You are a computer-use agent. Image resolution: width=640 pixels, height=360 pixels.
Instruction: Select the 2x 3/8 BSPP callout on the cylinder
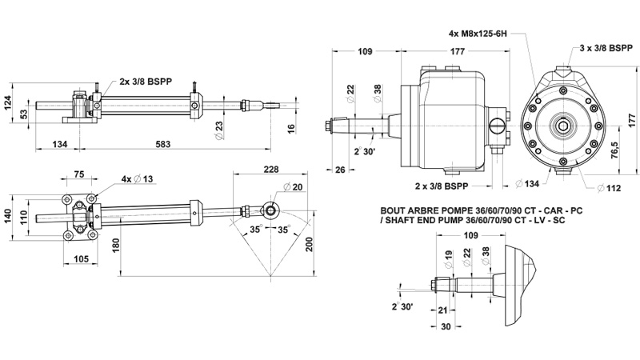[x=154, y=82]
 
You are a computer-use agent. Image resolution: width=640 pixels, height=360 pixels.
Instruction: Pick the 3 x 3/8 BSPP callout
[x=606, y=48]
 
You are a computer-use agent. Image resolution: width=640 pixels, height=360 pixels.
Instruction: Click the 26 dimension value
[x=341, y=169]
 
